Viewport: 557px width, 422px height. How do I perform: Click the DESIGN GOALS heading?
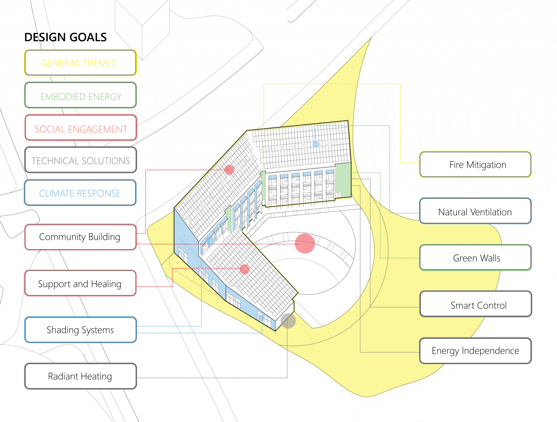click(65, 37)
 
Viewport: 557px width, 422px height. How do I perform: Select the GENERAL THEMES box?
click(80, 63)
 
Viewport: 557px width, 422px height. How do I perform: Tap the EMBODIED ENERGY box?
click(80, 95)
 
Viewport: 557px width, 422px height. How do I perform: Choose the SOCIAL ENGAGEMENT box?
click(81, 128)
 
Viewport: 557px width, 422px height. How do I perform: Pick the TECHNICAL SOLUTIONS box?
click(81, 160)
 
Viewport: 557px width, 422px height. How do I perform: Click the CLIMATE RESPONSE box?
click(80, 193)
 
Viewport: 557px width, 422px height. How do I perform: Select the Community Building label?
click(80, 237)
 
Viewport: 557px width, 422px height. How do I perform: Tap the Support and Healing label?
click(80, 283)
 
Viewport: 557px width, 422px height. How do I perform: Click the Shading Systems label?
click(80, 330)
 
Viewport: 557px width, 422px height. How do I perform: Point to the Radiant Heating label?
click(80, 376)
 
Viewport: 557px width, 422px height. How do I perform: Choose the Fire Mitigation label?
click(475, 165)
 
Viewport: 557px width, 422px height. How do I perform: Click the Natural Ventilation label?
click(475, 211)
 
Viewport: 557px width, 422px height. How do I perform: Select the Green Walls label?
click(475, 258)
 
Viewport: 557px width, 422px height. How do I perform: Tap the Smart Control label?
click(475, 304)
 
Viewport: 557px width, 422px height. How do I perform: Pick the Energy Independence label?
click(475, 351)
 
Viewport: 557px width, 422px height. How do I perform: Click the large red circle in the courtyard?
click(305, 243)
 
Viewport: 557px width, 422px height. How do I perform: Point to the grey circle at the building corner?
click(288, 321)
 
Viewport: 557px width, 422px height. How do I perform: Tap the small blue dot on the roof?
click(316, 144)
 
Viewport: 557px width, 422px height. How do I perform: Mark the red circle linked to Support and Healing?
click(245, 269)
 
